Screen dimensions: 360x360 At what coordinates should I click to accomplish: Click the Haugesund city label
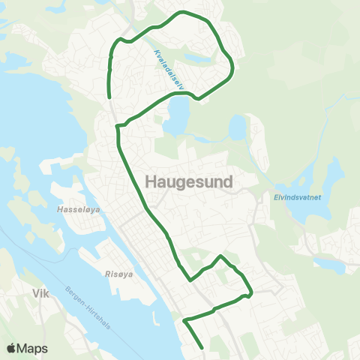187,182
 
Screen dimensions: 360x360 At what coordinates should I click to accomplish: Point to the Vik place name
40,295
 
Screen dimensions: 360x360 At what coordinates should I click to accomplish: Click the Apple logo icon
12,348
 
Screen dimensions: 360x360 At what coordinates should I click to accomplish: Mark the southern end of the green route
202,347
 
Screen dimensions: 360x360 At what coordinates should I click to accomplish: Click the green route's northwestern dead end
110,97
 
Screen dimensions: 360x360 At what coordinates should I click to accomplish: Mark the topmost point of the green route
181,12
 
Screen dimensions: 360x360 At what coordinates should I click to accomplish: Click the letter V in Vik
34,295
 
